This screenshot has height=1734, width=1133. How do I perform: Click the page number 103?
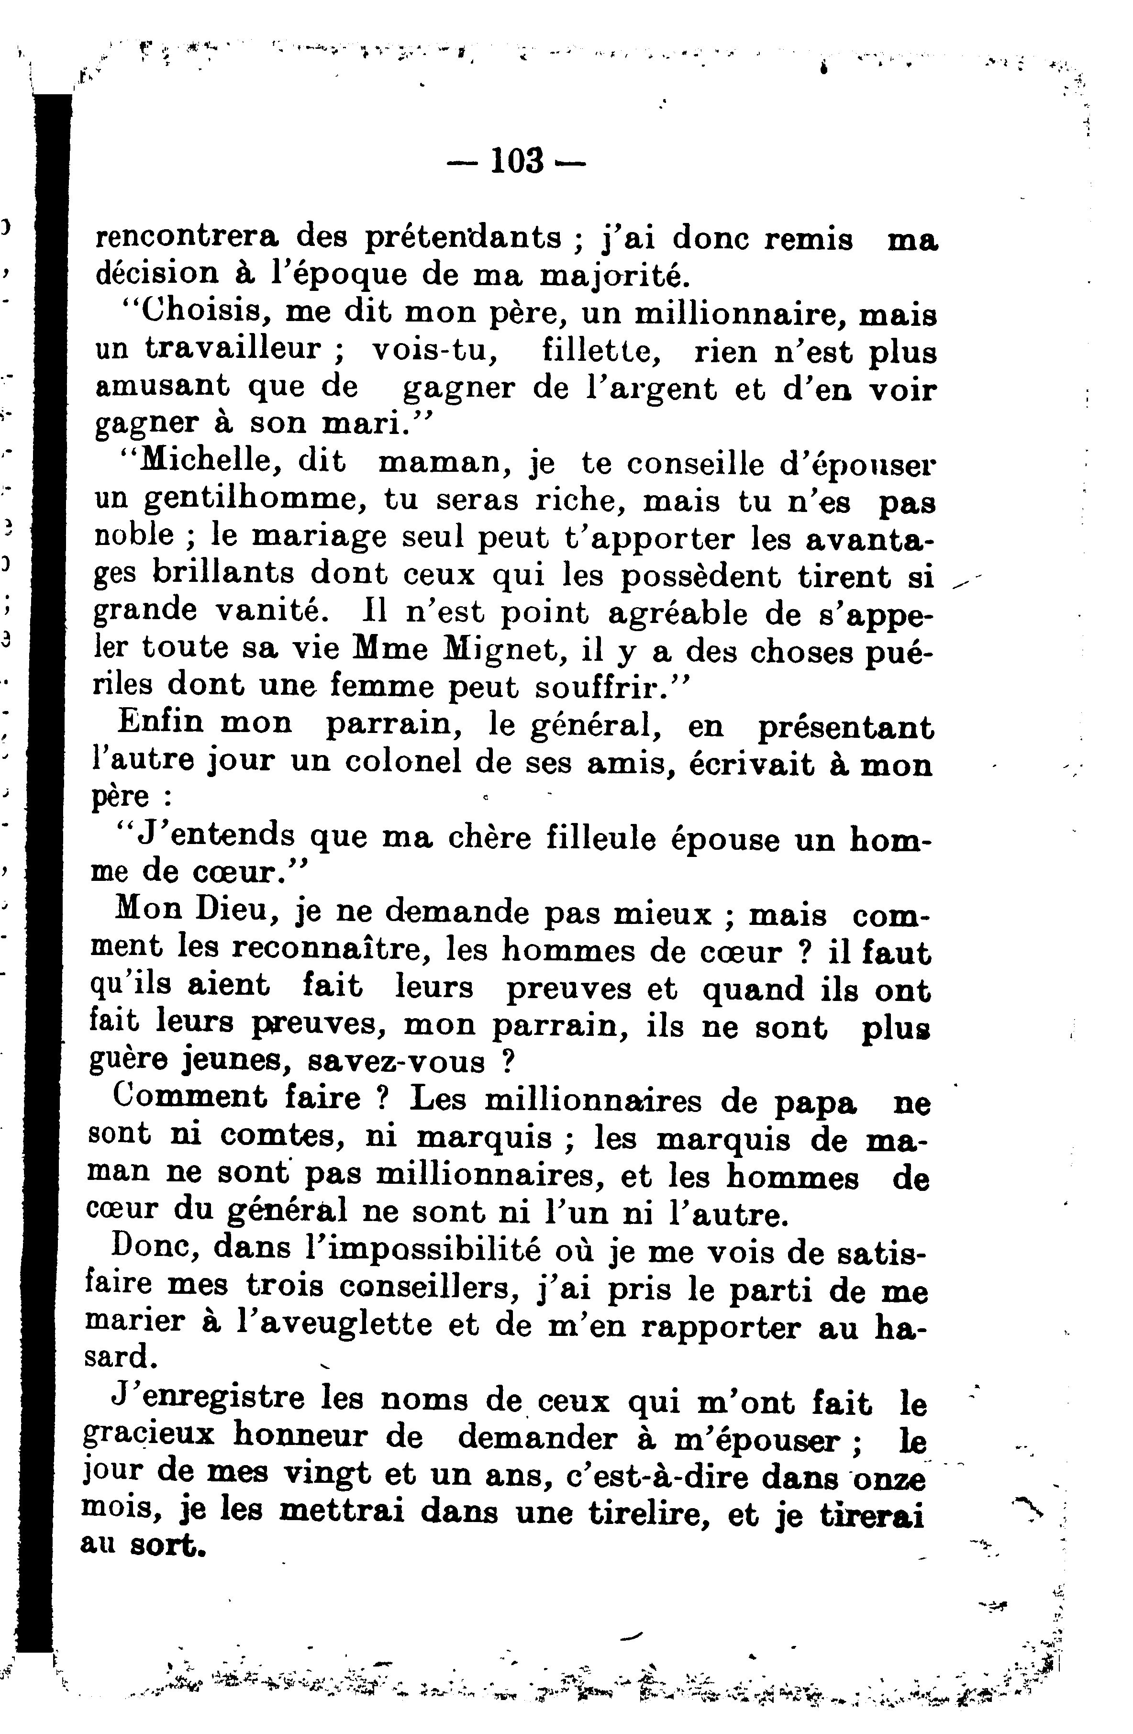click(517, 160)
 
